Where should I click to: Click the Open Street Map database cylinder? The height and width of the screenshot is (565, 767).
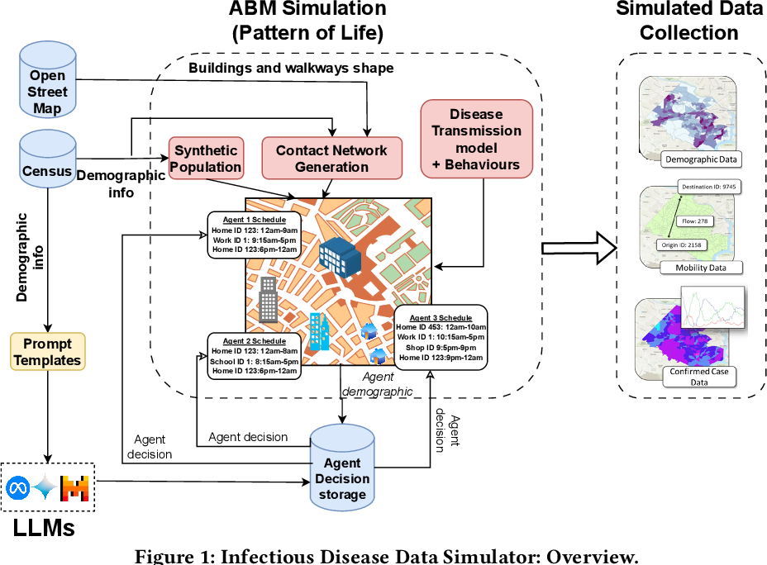(x=47, y=79)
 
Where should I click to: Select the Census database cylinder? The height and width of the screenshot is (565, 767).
(x=47, y=159)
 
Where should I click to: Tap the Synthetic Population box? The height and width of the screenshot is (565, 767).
(x=206, y=159)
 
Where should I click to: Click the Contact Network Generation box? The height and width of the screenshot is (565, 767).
(x=331, y=159)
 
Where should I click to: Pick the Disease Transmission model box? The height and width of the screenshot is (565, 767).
(x=476, y=139)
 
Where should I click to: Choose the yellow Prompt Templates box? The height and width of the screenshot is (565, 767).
(x=47, y=351)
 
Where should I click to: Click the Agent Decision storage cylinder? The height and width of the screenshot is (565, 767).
(x=342, y=468)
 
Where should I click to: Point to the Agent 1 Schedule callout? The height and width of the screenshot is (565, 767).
(x=255, y=235)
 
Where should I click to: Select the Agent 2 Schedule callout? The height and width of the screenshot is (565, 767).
(x=255, y=356)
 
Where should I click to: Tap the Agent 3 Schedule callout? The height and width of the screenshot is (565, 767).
(x=441, y=337)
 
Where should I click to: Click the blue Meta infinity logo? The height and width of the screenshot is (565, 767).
(x=18, y=488)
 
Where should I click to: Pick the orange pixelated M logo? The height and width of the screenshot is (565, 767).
(x=74, y=488)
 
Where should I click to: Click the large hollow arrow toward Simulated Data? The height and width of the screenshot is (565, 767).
(x=579, y=249)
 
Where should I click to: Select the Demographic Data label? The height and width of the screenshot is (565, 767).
(x=701, y=159)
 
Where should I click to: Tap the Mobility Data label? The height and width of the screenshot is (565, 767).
(x=701, y=268)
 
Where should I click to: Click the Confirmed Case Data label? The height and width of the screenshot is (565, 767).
(x=699, y=377)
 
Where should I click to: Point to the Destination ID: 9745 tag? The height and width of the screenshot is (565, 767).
(x=709, y=187)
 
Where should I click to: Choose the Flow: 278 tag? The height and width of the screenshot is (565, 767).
(x=695, y=221)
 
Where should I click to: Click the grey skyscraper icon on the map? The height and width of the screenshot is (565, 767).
(x=268, y=300)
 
